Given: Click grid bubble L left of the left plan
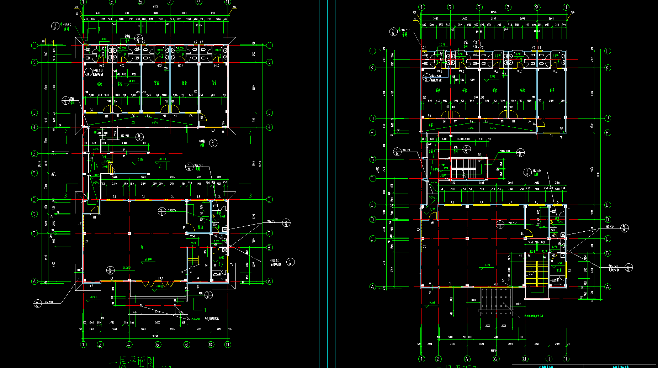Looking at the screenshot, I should (x=34, y=45).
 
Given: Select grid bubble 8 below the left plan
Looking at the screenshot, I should (x=187, y=345).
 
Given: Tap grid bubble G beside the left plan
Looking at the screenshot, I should (x=34, y=154).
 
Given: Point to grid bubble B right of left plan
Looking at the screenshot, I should (x=269, y=247).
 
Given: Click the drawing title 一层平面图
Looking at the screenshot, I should (x=132, y=362).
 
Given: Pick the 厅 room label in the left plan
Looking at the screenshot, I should (x=142, y=247).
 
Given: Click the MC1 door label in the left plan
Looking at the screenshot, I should (x=161, y=278).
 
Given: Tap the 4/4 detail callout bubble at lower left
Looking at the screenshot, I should (x=37, y=304).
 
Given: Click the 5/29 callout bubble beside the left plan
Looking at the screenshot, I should (x=286, y=223).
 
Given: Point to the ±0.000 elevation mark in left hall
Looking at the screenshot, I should (x=148, y=259).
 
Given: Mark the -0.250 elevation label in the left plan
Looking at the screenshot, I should (x=140, y=160).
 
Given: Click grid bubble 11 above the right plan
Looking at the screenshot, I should (x=566, y=7).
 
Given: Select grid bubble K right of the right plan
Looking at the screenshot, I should (x=607, y=68).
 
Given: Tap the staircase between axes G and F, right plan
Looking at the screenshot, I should (x=463, y=168).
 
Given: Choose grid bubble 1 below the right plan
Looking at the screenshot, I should (x=422, y=359).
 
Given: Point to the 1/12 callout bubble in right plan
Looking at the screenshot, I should (x=397, y=152).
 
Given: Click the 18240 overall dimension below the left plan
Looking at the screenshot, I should (x=155, y=336).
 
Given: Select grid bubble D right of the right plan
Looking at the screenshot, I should (x=607, y=219).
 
